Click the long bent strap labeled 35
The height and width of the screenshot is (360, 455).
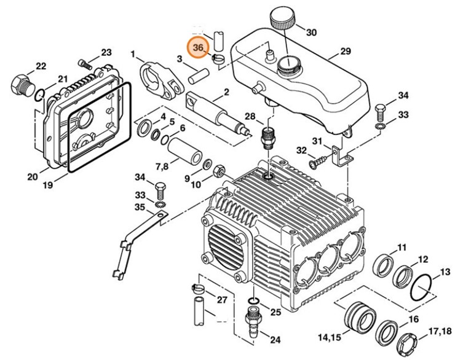point(130,240)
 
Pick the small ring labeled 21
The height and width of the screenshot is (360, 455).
point(39,93)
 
